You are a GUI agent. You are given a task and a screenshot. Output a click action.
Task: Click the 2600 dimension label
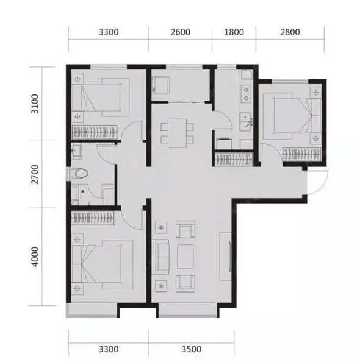tap(181, 32)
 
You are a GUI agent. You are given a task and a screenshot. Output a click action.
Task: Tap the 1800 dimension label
tap(234, 32)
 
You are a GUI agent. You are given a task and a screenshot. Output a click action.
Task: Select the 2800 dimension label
tap(290, 32)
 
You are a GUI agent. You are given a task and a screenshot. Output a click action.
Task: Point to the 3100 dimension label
tap(35, 104)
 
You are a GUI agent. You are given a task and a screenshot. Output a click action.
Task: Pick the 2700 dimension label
tap(35, 174)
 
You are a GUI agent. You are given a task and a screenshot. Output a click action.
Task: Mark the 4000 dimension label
tap(35, 257)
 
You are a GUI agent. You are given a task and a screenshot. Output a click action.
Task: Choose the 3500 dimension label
tap(191, 349)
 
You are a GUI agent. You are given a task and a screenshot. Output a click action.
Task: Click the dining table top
tap(178, 133)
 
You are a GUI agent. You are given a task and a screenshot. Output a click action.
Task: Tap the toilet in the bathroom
tap(79, 173)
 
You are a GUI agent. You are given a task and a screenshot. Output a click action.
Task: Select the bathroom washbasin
tap(76, 151)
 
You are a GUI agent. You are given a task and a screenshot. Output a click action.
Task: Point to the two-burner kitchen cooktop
tap(247, 94)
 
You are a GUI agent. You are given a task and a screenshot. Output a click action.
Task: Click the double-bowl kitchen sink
tap(247, 122)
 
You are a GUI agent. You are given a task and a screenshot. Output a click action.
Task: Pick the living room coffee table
tap(185, 256)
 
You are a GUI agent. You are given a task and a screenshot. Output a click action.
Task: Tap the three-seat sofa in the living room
tap(160, 257)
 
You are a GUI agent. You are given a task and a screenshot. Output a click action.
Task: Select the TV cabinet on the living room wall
tap(226, 256)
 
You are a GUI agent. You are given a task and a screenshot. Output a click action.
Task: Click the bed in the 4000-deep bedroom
tap(102, 264)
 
